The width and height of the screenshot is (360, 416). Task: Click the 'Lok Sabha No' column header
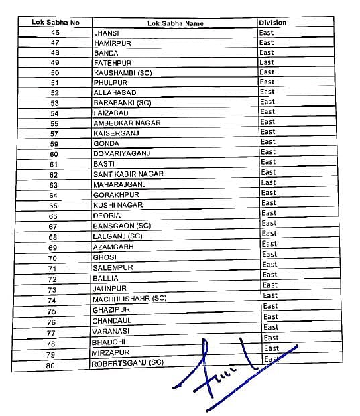pos(56,23)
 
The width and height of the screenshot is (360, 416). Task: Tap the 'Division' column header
pos(272,23)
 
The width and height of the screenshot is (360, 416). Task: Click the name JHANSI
pos(107,33)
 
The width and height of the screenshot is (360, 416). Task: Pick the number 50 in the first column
pos(55,72)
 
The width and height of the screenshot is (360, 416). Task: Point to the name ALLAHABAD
pos(113,93)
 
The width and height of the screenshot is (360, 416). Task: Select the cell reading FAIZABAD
pos(111,113)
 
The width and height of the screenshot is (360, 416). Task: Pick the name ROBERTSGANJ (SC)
pos(127,364)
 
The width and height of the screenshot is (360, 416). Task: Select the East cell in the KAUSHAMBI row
pos(267,72)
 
